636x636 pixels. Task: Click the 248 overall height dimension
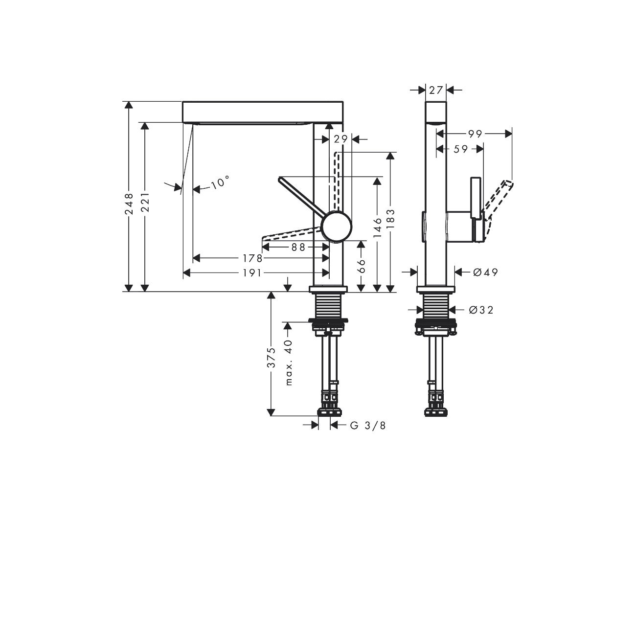pyautogui.click(x=129, y=204)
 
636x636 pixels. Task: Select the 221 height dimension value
pyautogui.click(x=145, y=202)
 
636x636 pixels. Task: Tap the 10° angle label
pyautogui.click(x=220, y=182)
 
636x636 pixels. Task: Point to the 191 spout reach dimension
pyautogui.click(x=252, y=273)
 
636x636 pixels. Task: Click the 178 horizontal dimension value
pyautogui.click(x=252, y=258)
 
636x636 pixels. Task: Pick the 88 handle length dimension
pyautogui.click(x=299, y=247)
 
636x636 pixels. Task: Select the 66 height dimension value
pyautogui.click(x=362, y=266)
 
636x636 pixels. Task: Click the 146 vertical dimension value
pyautogui.click(x=378, y=227)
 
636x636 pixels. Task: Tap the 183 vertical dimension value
pyautogui.click(x=390, y=219)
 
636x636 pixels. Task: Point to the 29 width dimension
pyautogui.click(x=341, y=139)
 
